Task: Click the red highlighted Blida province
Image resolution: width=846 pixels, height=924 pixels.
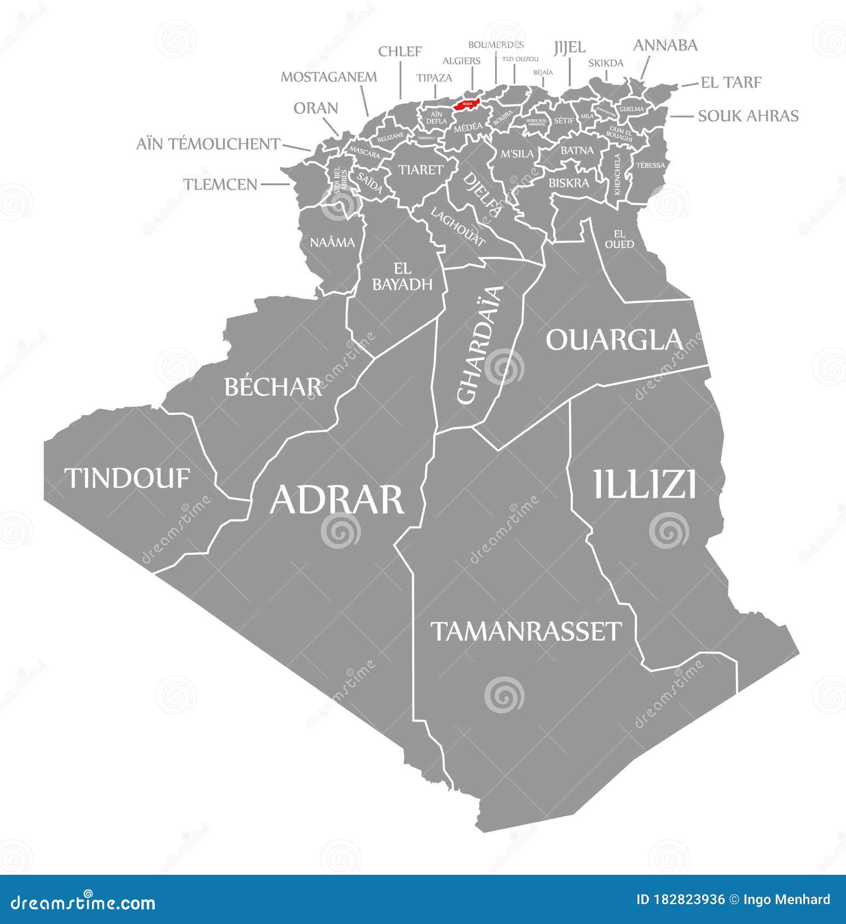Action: (x=467, y=104)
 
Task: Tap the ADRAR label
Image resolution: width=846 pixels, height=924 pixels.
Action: (x=337, y=499)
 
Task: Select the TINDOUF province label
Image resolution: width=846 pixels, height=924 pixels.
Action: (x=128, y=478)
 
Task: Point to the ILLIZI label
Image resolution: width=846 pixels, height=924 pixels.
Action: (x=645, y=484)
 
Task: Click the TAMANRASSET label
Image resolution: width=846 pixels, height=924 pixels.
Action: (x=526, y=631)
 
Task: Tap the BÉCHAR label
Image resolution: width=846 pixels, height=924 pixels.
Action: (x=273, y=387)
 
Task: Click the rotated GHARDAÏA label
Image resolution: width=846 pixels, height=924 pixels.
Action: (x=479, y=345)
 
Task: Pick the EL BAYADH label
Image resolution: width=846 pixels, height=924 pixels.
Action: (x=402, y=276)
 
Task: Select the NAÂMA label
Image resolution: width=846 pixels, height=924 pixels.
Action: (x=332, y=242)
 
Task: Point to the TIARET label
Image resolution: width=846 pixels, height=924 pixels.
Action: (x=420, y=170)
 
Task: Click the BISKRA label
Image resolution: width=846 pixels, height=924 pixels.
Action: (x=569, y=183)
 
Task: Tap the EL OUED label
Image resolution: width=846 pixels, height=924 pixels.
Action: (x=619, y=239)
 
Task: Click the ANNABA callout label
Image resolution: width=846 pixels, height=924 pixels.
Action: (x=665, y=45)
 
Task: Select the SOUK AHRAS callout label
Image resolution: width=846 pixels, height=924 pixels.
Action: (x=748, y=116)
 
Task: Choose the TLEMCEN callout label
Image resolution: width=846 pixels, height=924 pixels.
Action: (x=220, y=184)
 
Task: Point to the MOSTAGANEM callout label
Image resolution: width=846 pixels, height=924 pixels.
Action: (x=328, y=77)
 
